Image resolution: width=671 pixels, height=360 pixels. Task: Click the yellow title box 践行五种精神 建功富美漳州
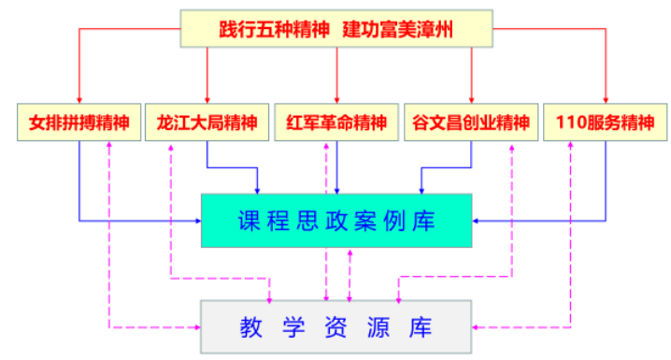tap(336, 28)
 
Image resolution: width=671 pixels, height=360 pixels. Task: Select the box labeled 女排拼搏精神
tap(79, 122)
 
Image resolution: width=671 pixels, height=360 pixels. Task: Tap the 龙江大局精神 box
tap(207, 122)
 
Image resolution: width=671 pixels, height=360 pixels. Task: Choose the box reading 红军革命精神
tap(336, 122)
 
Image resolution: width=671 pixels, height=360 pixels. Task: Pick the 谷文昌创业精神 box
tap(470, 122)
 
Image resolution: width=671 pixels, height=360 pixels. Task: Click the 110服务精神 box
tap(607, 122)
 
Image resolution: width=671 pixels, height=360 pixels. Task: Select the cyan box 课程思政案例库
tap(336, 221)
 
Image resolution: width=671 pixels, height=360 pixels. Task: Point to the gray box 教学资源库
tap(336, 326)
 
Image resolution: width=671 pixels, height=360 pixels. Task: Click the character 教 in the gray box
tap(250, 326)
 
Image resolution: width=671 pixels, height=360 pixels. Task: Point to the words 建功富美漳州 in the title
tap(397, 28)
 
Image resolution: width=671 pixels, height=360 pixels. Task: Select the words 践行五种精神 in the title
tap(273, 28)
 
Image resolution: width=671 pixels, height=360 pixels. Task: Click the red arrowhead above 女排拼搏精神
tap(79, 100)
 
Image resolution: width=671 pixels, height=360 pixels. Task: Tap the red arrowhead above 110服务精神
tap(607, 100)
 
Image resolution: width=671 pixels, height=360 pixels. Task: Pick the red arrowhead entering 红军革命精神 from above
tap(336, 100)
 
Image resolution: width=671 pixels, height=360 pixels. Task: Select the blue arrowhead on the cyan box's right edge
tap(477, 221)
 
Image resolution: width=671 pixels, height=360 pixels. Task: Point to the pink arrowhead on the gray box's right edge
tap(477, 326)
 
